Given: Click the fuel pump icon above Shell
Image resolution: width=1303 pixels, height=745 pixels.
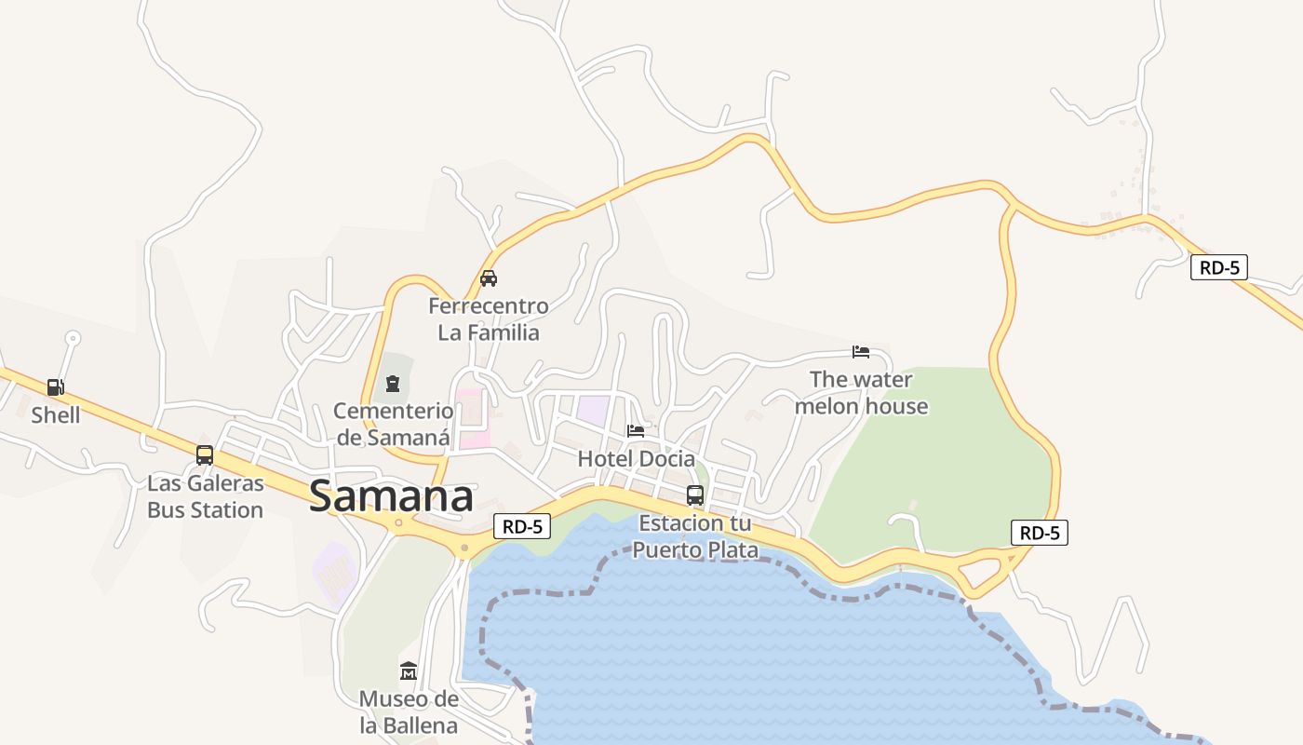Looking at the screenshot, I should point(56,386).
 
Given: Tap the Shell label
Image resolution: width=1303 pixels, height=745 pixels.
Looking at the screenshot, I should point(56,414).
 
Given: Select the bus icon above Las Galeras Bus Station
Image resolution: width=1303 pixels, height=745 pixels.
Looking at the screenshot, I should point(205,455).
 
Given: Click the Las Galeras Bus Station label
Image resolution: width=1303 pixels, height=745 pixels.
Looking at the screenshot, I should point(206,497).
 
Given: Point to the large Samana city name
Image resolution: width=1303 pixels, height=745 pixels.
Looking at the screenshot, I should point(391,496).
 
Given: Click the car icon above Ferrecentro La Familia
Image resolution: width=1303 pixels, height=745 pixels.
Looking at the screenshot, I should point(488,278).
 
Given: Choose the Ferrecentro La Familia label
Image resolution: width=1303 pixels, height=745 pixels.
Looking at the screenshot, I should point(489,318).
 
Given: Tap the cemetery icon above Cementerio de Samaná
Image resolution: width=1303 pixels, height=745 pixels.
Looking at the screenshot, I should point(393,383).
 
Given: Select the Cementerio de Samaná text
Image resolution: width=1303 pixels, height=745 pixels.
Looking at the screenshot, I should point(394,424).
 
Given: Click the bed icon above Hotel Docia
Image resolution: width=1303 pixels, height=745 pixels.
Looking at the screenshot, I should point(636,430).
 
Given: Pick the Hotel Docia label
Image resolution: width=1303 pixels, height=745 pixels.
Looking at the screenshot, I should point(637,458).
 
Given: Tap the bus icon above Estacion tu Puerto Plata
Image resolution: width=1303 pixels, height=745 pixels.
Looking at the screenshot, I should point(695,494).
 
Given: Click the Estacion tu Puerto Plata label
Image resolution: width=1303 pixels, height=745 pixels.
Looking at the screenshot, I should point(696,536).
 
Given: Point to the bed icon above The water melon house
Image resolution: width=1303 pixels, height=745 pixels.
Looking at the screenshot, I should point(861,351).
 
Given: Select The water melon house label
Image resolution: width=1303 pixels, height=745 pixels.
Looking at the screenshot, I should point(862,392).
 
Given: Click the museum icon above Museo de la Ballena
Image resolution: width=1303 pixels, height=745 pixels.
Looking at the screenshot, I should point(409,670).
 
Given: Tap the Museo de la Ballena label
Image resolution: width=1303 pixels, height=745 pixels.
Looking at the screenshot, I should point(409,711).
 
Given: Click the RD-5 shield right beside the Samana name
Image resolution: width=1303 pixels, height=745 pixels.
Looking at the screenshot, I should point(522,526).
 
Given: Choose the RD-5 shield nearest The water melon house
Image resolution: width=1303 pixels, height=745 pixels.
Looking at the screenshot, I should point(1040,533).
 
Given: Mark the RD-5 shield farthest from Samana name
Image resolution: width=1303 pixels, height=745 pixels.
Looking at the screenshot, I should point(1219,267).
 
